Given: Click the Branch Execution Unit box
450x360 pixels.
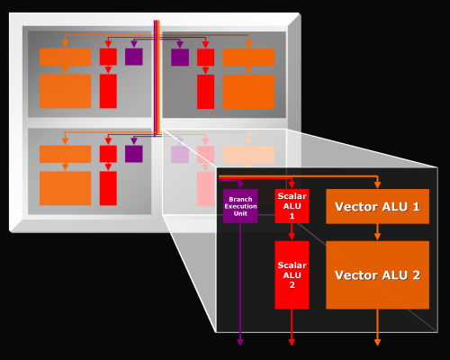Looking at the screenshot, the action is pos(240,206).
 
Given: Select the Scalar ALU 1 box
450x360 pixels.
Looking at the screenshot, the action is pos(292,206).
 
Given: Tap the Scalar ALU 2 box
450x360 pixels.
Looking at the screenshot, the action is pos(292,274).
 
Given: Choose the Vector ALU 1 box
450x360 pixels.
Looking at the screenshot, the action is pos(377,206).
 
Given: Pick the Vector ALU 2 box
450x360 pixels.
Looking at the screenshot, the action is pos(377,274).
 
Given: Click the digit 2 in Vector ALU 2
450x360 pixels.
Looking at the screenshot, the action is pos(416,275).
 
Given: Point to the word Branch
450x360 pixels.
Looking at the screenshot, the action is pos(240,199).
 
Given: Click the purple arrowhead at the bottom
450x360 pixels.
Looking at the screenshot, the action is pos(240,342).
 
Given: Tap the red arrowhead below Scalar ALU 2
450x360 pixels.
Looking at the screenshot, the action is pos(292,342).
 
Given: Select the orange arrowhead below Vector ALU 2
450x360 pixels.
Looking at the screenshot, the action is pos(377,342).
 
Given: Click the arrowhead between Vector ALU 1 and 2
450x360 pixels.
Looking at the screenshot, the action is pos(377,237).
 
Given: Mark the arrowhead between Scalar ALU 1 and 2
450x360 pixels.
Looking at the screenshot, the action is pos(292,237).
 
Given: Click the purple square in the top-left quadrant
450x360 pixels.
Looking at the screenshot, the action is pos(134,57).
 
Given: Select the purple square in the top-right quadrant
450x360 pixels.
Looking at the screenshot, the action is pos(180,57).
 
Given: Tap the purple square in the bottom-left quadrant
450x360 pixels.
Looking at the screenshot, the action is pos(134,154).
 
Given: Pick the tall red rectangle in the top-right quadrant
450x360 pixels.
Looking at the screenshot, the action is pos(205,92).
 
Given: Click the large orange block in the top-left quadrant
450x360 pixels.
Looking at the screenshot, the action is pos(65,91).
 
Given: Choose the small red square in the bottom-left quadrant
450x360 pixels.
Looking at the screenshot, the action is pos(108,154).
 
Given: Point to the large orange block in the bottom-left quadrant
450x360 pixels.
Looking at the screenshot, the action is pos(65,188).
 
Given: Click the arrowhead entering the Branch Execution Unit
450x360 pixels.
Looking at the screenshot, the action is pos(240,184).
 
